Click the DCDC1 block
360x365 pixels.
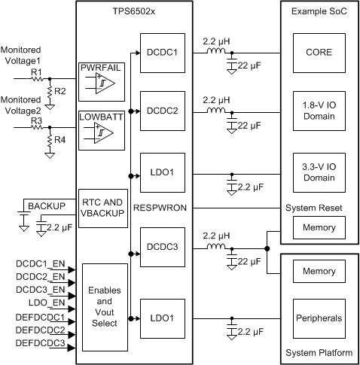[x=161, y=53]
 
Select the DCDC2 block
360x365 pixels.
[x=161, y=111]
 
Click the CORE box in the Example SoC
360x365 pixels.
[x=319, y=53]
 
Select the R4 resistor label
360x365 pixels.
[x=59, y=141]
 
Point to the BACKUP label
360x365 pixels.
[x=47, y=205]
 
